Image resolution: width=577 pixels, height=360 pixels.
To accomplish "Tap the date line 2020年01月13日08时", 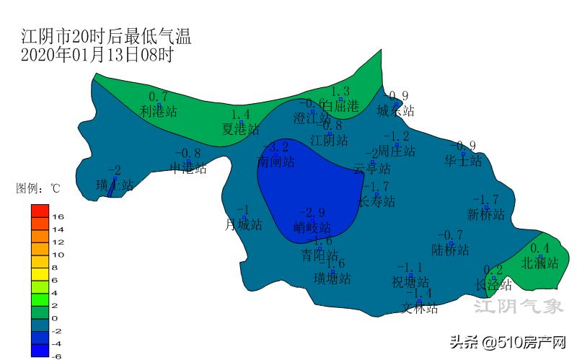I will [x=97, y=55].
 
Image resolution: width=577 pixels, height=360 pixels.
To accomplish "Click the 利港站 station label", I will [x=159, y=112].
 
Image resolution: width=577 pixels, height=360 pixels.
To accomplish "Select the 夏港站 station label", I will [x=241, y=129].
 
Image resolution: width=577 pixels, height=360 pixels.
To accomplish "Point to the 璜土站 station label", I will [x=115, y=185].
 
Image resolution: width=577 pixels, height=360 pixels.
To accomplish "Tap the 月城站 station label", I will [x=244, y=225].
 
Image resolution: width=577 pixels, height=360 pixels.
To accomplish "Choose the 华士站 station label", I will [x=463, y=161].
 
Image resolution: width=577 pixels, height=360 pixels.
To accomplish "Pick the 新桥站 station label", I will [x=485, y=214].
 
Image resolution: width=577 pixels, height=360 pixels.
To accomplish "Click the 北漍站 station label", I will [x=540, y=263].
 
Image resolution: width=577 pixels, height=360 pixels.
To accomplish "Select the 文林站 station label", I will [x=420, y=308].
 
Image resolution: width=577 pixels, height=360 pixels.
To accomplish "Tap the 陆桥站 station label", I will [x=451, y=250].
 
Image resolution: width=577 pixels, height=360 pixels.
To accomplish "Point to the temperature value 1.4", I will [x=241, y=115].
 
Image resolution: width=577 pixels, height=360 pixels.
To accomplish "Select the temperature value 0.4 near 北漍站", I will [x=545, y=248].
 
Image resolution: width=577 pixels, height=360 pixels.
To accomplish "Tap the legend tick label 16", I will [x=58, y=216].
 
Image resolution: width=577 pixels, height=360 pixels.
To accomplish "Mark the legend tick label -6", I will [x=58, y=356].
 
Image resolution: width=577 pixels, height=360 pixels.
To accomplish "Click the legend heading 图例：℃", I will [x=38, y=189].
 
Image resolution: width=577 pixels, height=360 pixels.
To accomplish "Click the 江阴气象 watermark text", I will [x=518, y=307].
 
